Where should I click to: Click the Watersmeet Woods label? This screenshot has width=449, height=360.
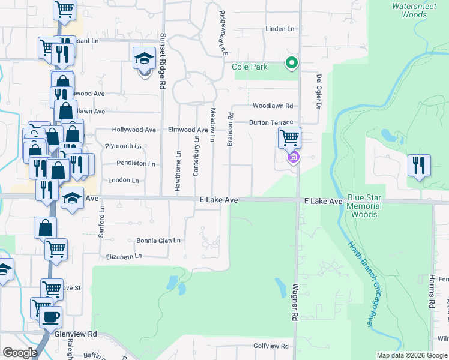409,10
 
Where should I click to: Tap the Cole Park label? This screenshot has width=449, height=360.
250,67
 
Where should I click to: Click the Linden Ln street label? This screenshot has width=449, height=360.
280,29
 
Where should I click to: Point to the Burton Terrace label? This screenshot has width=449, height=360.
271,122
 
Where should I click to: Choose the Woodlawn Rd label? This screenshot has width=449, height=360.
273,106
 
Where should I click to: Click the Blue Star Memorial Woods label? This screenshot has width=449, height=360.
364,206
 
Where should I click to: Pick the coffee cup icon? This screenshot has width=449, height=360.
50,316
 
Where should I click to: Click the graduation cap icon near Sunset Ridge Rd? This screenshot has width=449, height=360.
144,59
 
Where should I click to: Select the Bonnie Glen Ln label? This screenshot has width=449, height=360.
159,241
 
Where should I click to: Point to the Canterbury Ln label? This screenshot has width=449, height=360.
196,156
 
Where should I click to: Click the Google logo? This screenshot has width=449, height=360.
19,353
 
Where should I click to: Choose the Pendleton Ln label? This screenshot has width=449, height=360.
136,163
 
